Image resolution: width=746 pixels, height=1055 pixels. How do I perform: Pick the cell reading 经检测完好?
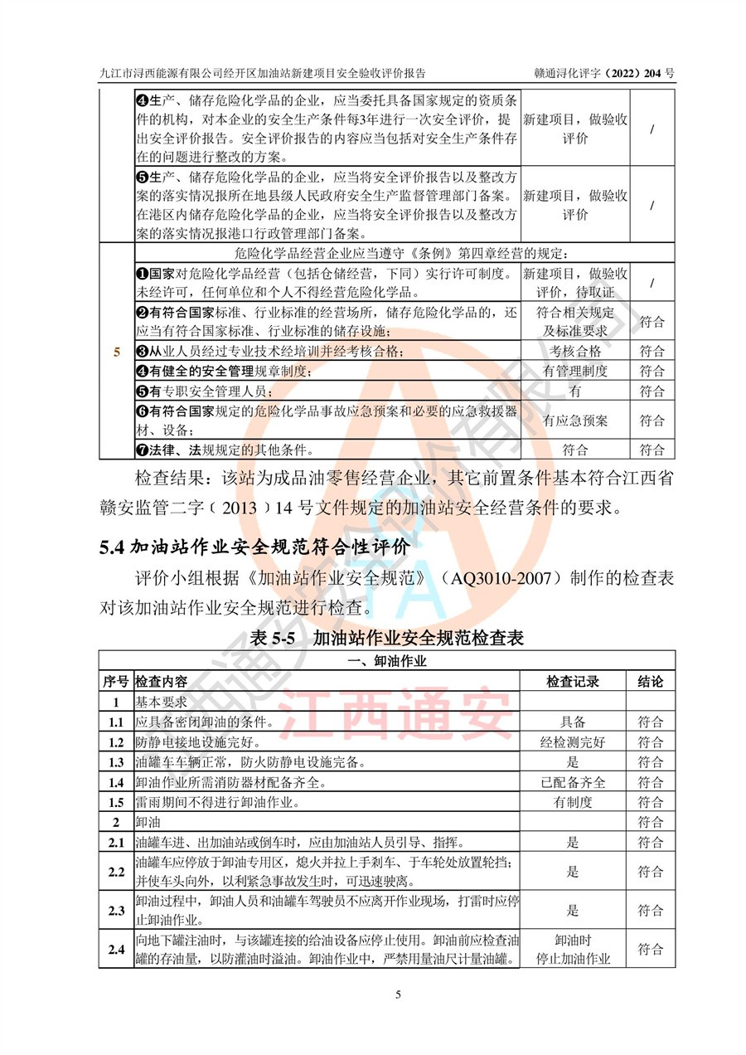click(x=574, y=741)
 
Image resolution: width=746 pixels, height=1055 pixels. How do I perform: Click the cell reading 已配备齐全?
click(x=574, y=782)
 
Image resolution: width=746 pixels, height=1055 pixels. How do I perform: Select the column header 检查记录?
click(x=573, y=681)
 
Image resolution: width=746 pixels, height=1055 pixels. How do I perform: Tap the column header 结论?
click(x=651, y=681)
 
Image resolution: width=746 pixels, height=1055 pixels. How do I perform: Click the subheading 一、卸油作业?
click(x=387, y=661)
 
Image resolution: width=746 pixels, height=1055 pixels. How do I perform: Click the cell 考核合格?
click(x=574, y=351)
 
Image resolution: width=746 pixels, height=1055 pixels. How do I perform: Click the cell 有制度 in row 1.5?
click(x=574, y=803)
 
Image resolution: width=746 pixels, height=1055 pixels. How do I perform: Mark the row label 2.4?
click(x=116, y=950)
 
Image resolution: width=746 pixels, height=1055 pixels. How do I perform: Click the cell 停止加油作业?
click(x=574, y=959)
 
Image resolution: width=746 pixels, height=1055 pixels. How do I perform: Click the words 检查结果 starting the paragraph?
click(x=171, y=480)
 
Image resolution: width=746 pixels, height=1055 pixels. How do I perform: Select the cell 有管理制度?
click(x=574, y=371)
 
